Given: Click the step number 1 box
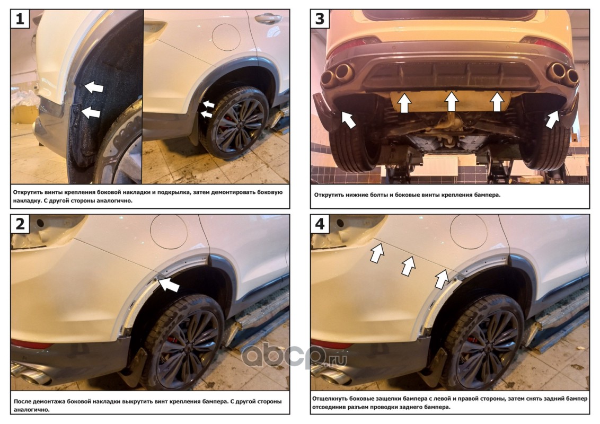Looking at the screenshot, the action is (20, 19).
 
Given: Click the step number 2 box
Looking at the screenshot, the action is (20, 224).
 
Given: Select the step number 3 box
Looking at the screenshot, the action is (320, 19).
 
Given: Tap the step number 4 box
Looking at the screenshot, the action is (320, 224).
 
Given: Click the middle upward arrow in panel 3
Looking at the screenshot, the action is (452, 101).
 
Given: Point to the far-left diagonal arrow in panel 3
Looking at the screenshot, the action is (348, 119).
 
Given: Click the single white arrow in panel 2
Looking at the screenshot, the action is (169, 284).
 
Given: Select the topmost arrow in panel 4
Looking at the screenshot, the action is (377, 253).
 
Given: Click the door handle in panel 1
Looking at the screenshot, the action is (268, 19).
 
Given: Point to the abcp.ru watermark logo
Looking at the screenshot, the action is (294, 356).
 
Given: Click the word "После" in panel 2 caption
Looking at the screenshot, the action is (23, 401).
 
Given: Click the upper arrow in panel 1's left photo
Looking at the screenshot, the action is (94, 87).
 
